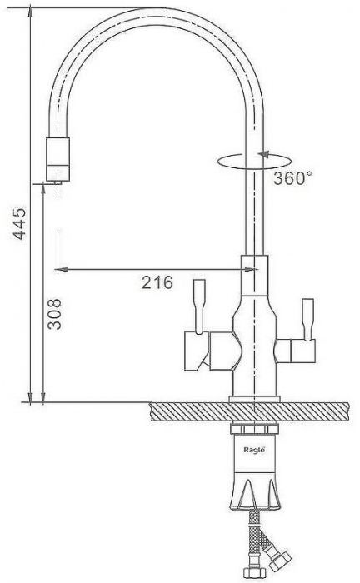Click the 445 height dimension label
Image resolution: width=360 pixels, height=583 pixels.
pos(19,223)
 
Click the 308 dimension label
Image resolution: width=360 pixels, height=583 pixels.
pos(54,314)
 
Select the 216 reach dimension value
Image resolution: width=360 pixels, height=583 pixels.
pos(157,282)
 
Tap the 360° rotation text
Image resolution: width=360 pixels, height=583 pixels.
pos(292,178)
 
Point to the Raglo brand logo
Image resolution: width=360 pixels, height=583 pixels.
pos(254,450)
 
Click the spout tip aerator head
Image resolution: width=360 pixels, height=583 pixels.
pos(58,159)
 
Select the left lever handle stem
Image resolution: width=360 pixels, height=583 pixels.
pos(199,306)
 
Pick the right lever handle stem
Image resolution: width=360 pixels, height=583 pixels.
pos(308,319)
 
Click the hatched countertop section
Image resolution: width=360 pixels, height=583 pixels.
pos(249,411)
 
